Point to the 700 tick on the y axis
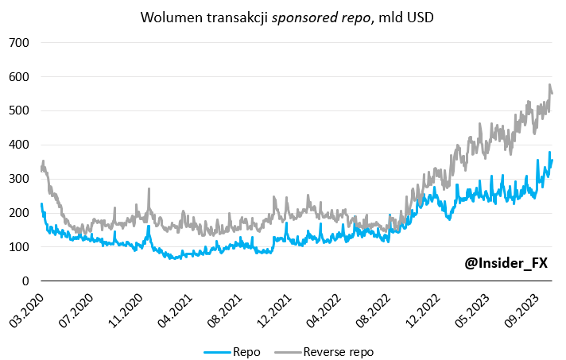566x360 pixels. point(19,43)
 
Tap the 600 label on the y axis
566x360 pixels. point(19,77)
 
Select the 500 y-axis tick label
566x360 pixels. point(19,111)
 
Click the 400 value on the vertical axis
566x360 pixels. point(19,145)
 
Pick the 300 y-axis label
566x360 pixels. point(19,180)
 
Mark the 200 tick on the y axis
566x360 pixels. point(19,214)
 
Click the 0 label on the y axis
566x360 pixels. point(25,281)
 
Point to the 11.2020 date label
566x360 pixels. point(126,305)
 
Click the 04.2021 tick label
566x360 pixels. point(176,305)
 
